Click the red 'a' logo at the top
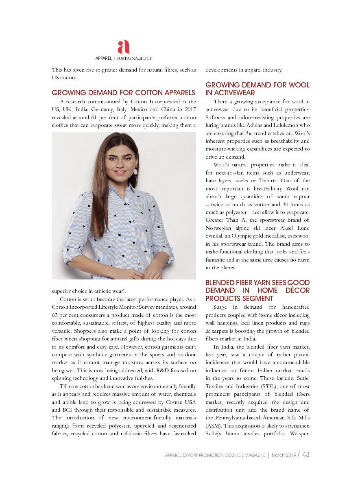123,47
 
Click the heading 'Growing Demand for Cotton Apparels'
123,93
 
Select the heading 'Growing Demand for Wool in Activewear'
257,89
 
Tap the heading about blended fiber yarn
257,290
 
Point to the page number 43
305,454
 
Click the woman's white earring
135,172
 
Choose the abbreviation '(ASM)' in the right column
214,425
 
